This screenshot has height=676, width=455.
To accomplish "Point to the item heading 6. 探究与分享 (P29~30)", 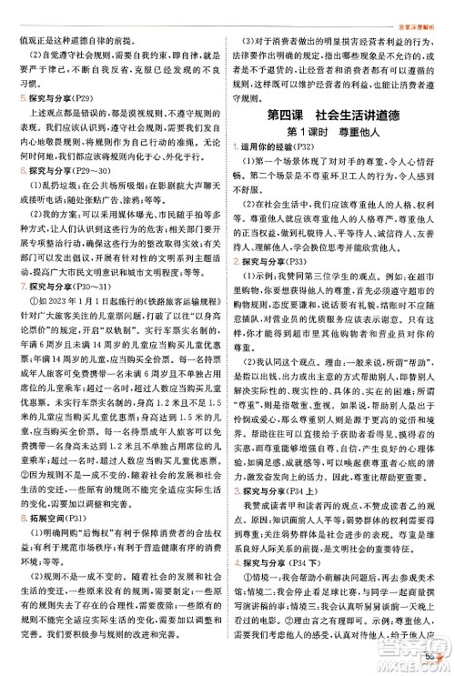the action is [51, 169].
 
